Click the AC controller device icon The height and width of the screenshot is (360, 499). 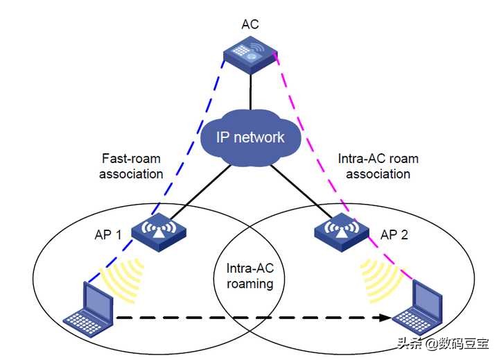point(250,55)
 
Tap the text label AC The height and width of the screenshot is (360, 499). point(250,24)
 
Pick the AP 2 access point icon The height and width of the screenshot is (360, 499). point(340,232)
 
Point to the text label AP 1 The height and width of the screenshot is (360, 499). point(108,234)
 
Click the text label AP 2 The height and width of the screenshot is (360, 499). point(394,234)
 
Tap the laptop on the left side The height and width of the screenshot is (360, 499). point(89,305)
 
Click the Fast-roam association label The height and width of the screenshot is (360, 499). point(131,166)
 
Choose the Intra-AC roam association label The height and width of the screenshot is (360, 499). point(378,166)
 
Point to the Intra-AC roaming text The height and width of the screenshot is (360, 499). point(250,276)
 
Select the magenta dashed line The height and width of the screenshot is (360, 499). point(305,125)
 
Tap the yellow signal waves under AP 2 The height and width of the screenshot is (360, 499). point(380,280)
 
